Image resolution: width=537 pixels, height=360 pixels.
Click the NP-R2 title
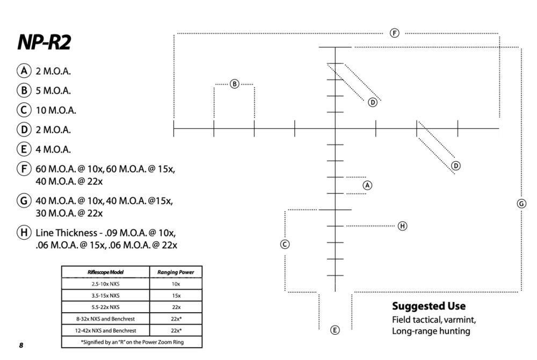pos(44,43)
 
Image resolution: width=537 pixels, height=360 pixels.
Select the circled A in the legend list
pos(23,71)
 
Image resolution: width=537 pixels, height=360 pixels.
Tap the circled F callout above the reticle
pos(394,33)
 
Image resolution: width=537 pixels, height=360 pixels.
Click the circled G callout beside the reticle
pos(521,204)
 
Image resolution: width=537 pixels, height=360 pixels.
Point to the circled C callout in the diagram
pos(285,244)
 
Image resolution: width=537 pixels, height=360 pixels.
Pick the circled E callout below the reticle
pos(335,330)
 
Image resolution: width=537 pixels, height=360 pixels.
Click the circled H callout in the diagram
pos(402,226)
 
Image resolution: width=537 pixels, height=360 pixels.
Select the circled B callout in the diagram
pos(234,84)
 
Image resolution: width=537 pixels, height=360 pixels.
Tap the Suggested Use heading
pos(429,307)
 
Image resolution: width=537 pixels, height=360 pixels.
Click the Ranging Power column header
pos(176,272)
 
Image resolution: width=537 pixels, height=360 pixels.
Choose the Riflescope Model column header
pos(105,272)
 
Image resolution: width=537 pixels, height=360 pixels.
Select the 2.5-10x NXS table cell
pos(105,284)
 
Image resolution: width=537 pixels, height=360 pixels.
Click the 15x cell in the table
pos(176,296)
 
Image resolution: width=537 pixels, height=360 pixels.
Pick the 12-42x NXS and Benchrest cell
pos(105,330)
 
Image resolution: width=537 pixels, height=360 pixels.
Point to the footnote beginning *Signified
pos(132,342)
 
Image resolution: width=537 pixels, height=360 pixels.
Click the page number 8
pos(21,345)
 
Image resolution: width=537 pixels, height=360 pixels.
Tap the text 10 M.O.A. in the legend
pos(56,111)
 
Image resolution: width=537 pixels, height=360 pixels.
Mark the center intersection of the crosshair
pos(335,128)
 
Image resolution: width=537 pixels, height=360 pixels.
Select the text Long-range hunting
pos(431,331)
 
